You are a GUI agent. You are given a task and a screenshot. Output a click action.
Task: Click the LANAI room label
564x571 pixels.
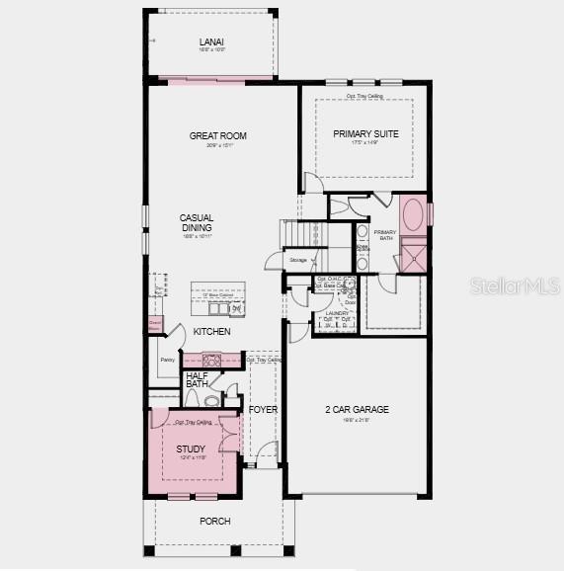(211, 41)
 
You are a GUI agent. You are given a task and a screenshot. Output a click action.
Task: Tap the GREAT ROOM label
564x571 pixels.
(218, 136)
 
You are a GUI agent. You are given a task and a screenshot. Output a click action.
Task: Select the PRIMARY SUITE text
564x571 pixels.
(365, 133)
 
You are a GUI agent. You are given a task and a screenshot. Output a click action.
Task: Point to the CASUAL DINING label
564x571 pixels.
(197, 223)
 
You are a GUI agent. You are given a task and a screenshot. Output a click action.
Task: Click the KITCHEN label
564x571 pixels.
(211, 332)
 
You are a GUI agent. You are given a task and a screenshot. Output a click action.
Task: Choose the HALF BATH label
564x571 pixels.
(197, 380)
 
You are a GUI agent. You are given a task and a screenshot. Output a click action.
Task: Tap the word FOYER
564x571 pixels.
(263, 409)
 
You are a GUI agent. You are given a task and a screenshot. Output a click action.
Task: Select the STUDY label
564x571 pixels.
(191, 449)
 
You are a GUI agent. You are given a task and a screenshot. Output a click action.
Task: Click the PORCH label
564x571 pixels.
(214, 522)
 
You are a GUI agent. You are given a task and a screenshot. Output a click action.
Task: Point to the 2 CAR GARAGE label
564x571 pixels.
(357, 409)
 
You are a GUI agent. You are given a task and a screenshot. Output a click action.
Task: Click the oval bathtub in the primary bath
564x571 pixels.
(414, 214)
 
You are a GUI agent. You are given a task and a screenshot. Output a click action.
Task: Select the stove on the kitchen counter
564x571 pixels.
(212, 360)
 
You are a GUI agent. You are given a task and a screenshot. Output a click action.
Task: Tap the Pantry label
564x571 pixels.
(167, 361)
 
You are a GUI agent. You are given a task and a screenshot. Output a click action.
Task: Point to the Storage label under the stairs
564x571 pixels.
(298, 260)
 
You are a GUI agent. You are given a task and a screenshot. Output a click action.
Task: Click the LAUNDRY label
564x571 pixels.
(338, 312)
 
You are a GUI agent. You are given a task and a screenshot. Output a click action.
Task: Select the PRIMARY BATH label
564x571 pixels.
(384, 235)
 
